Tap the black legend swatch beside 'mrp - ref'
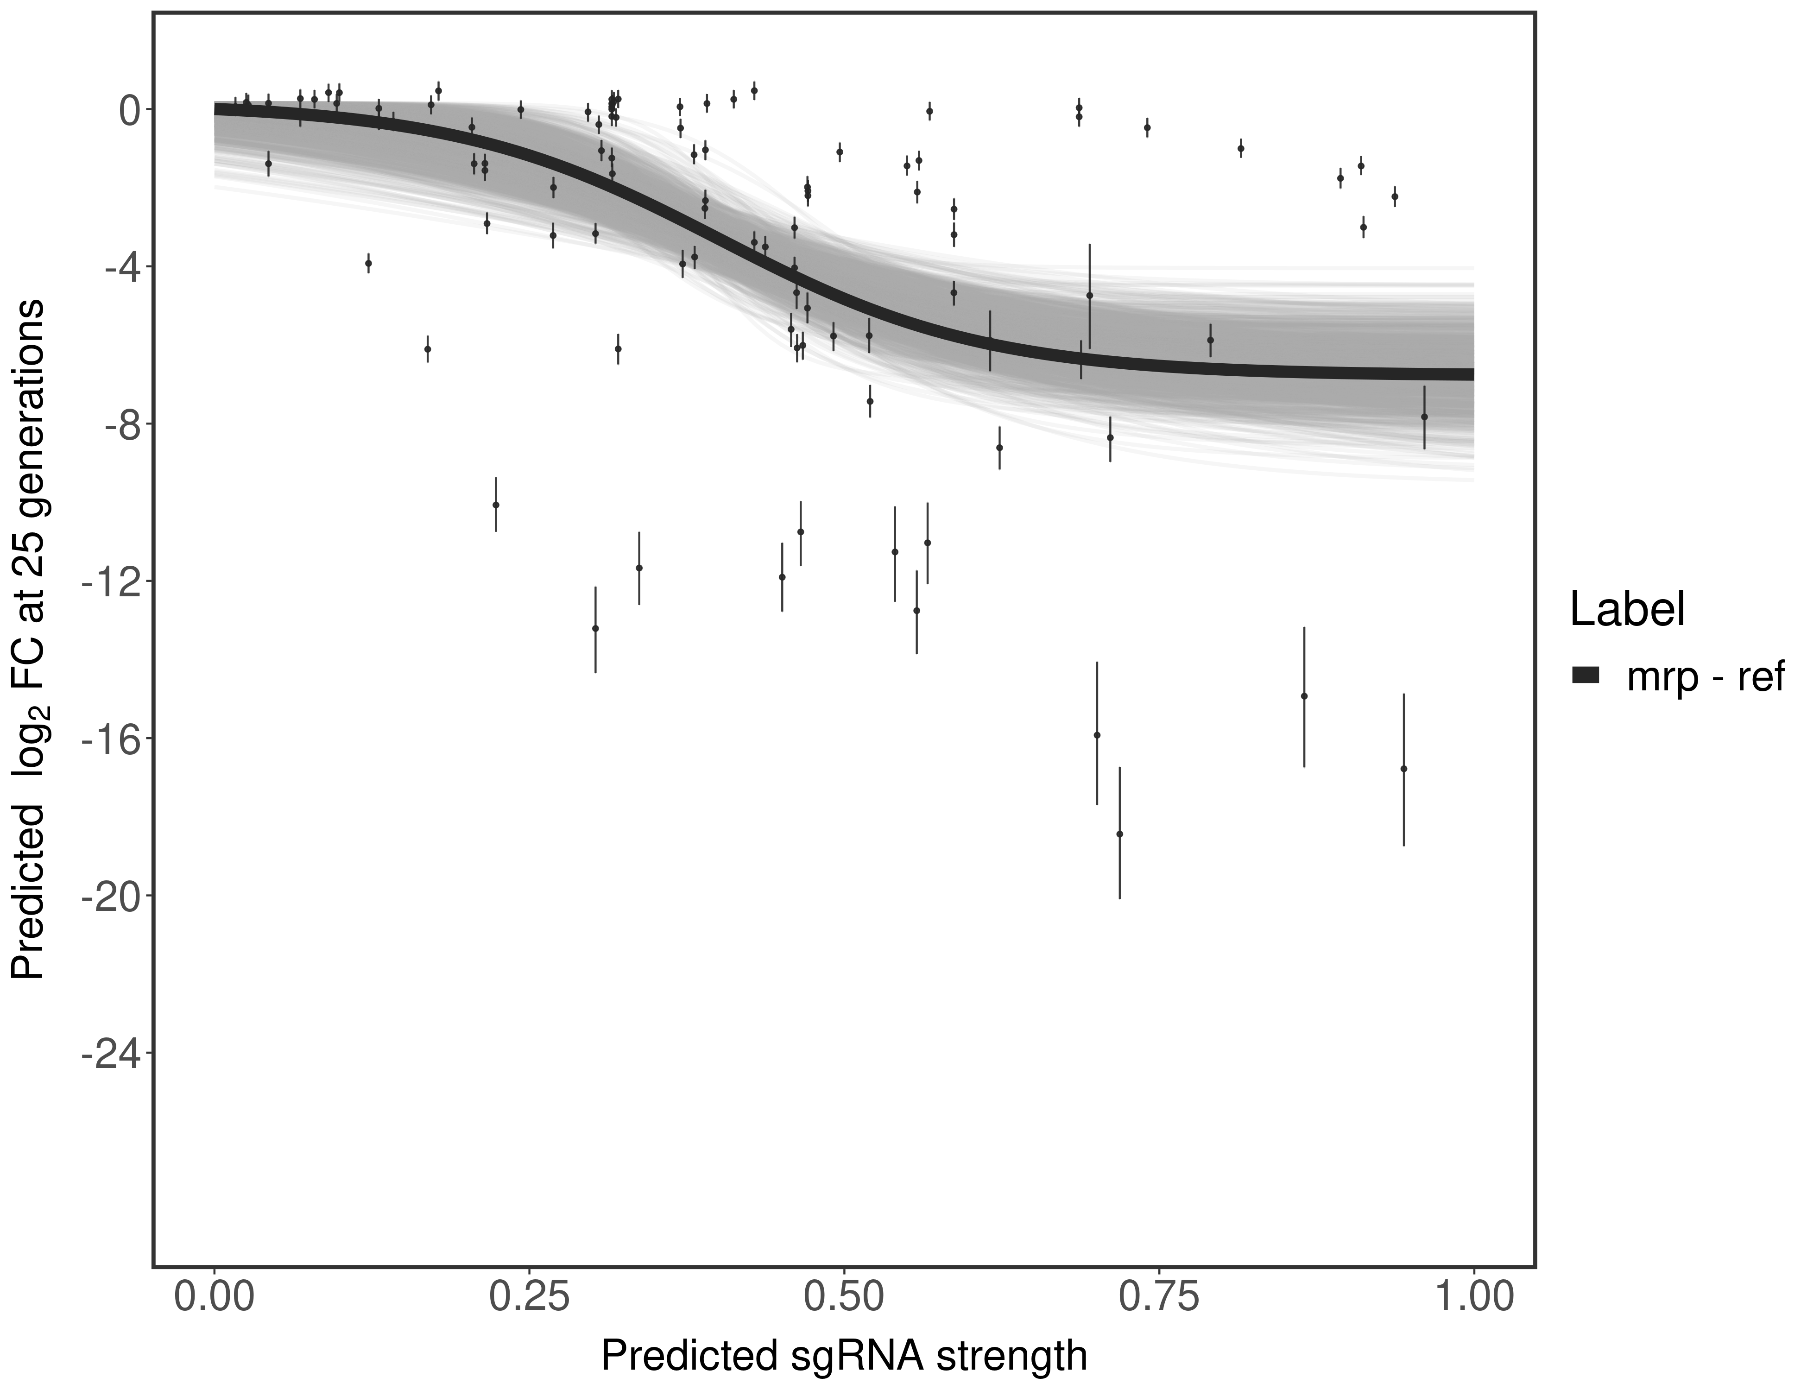[x=1586, y=676]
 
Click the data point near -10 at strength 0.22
[x=496, y=505]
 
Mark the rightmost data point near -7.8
[x=1424, y=417]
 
